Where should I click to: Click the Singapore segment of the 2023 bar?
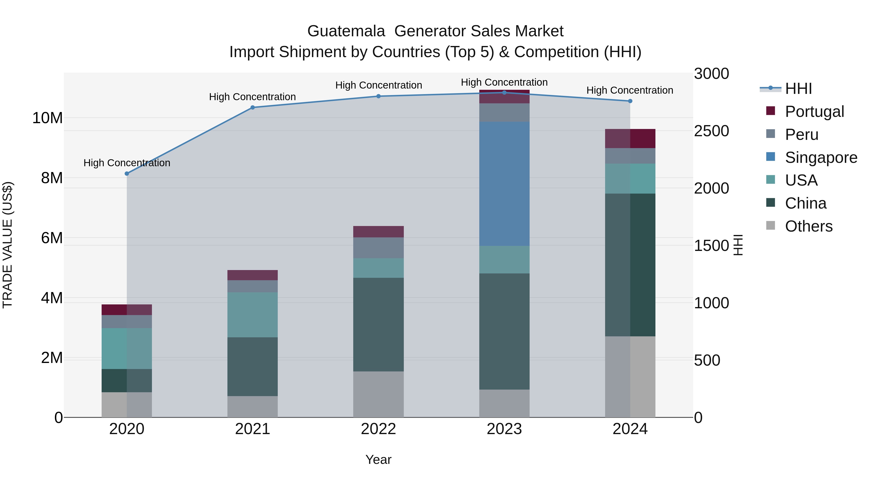click(x=504, y=184)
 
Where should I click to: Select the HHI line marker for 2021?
click(x=253, y=107)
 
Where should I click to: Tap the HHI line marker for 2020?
click(x=127, y=173)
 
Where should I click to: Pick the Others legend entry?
click(x=808, y=226)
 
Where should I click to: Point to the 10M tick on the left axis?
click(x=47, y=118)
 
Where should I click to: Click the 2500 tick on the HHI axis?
click(x=711, y=131)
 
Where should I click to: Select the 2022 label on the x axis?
click(x=378, y=429)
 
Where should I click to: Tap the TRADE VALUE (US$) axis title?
click(x=8, y=245)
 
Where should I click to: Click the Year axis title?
click(x=378, y=460)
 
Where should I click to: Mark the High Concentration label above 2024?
click(x=630, y=90)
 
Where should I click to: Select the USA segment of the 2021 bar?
click(x=253, y=315)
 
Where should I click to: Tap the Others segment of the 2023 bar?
click(x=504, y=403)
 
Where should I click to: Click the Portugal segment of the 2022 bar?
click(x=378, y=232)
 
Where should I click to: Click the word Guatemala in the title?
click(x=346, y=31)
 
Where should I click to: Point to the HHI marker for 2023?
click(x=504, y=92)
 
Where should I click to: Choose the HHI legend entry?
click(x=798, y=89)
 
